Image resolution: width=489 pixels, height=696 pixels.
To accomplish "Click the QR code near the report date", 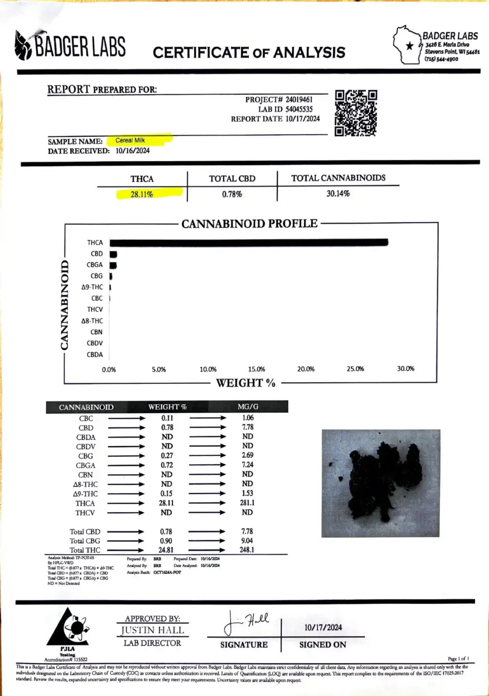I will pos(356,113).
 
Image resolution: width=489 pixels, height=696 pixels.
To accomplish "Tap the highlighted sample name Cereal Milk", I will pos(131,140).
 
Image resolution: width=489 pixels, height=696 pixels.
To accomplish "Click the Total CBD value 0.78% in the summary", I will pos(232,194).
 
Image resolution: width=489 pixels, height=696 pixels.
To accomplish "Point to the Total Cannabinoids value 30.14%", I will pos(338,193).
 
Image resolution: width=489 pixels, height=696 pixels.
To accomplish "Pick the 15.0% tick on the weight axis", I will pos(256,369).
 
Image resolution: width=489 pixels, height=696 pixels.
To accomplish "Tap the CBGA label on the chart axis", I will pos(95,265).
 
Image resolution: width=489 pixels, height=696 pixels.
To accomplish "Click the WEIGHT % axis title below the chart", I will pos(246,383).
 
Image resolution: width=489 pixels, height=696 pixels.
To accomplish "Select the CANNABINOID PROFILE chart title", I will pos(249,223).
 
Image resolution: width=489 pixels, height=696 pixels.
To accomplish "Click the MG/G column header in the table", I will pos(247,407).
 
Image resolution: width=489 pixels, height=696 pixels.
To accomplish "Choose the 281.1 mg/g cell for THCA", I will pos(247,503).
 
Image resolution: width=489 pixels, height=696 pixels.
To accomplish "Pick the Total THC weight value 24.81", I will pos(167,550).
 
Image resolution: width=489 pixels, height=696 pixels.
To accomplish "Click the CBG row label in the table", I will pos(86,456).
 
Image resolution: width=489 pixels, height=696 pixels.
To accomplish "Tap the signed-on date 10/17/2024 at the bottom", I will pos(323,628).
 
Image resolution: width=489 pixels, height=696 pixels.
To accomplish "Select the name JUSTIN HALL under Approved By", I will pos(152,630).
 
